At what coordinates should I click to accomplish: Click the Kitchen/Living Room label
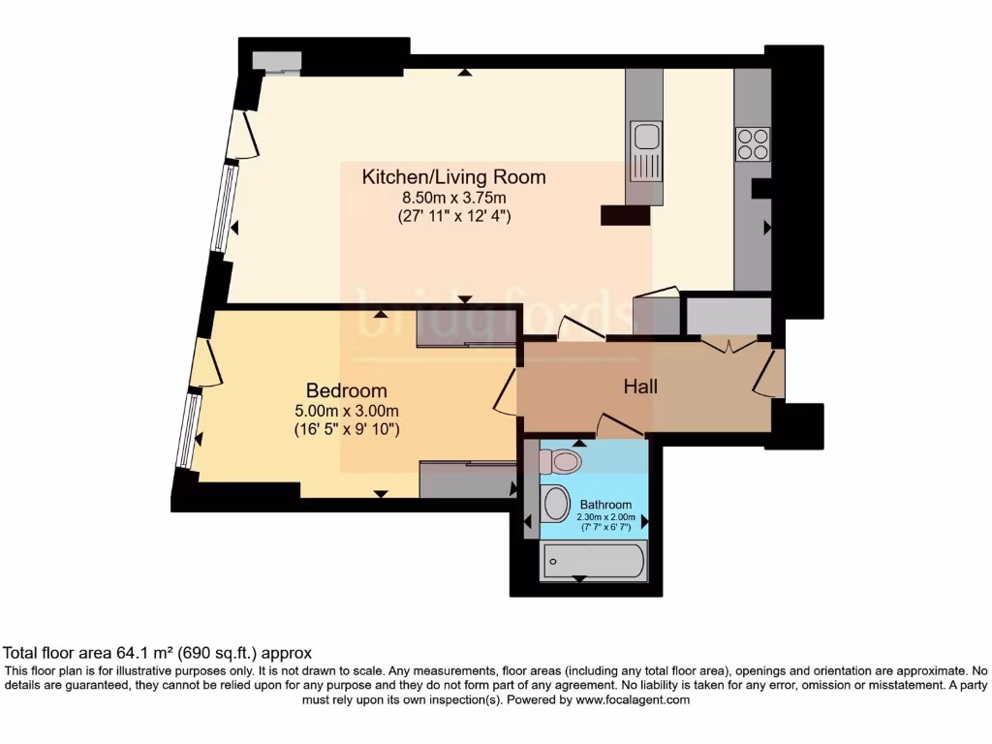click(x=453, y=177)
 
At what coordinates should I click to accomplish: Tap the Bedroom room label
click(x=346, y=390)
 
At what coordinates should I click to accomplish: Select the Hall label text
click(x=640, y=387)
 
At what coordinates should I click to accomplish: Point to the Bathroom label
click(x=605, y=505)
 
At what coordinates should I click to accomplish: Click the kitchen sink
click(x=644, y=150)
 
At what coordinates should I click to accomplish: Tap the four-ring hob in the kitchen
click(x=753, y=144)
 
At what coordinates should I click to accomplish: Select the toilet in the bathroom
click(x=560, y=461)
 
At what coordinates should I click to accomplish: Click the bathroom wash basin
click(x=556, y=504)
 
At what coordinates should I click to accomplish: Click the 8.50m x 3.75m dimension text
click(x=453, y=199)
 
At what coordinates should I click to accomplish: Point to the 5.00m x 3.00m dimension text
click(x=346, y=411)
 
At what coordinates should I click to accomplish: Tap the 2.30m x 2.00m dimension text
click(x=606, y=517)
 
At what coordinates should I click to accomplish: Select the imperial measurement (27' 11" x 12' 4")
click(x=453, y=216)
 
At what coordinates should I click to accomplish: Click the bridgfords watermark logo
click(x=494, y=312)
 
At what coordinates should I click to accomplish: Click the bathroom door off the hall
click(x=620, y=426)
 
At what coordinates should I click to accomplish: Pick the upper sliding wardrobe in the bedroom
click(x=465, y=328)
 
